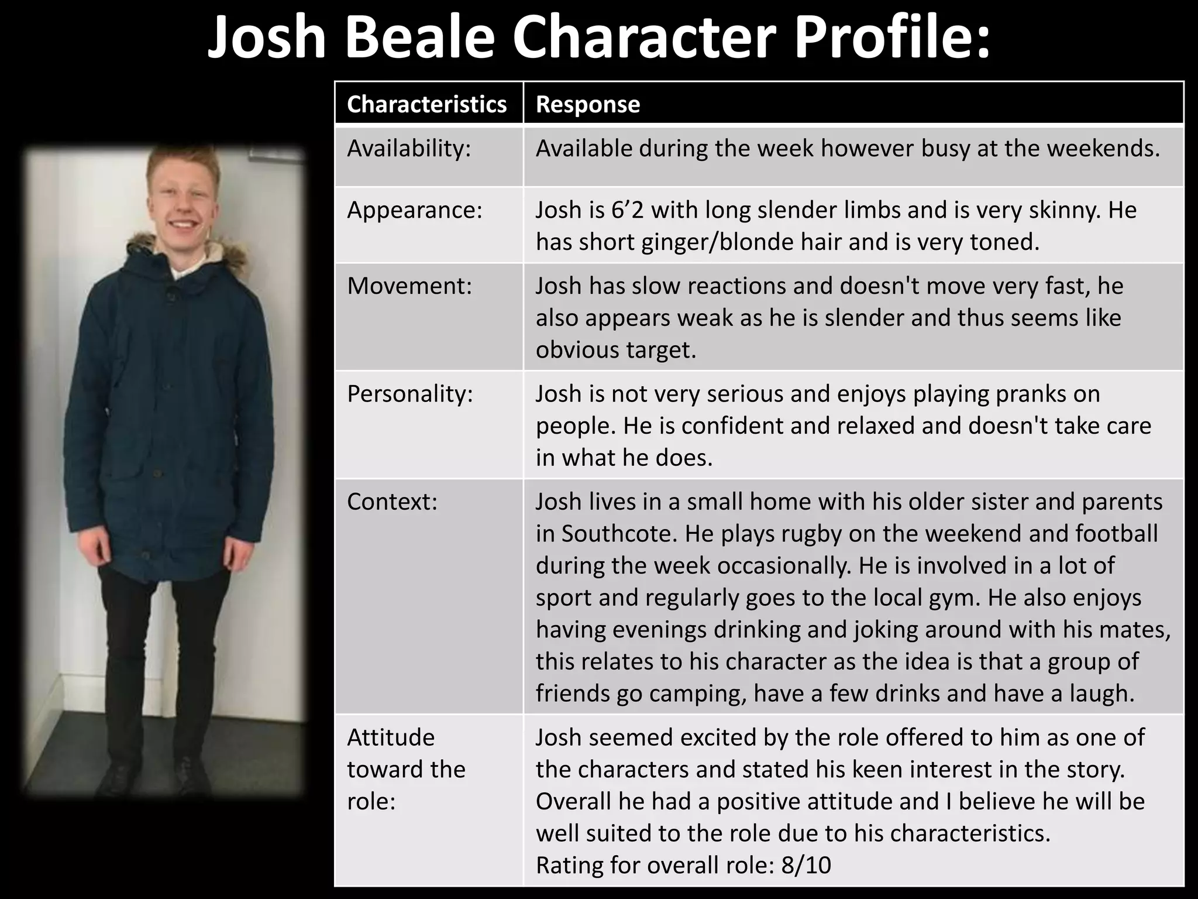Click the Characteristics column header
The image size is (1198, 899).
(x=426, y=104)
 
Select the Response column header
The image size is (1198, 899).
(x=588, y=104)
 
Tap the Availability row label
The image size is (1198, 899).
(x=409, y=149)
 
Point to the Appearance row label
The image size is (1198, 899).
(x=415, y=210)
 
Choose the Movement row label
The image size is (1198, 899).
(x=409, y=286)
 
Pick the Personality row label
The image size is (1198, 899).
(x=409, y=394)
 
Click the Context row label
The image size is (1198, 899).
(x=392, y=502)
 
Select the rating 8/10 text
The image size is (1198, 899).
(x=805, y=865)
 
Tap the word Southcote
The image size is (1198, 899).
(x=617, y=534)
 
